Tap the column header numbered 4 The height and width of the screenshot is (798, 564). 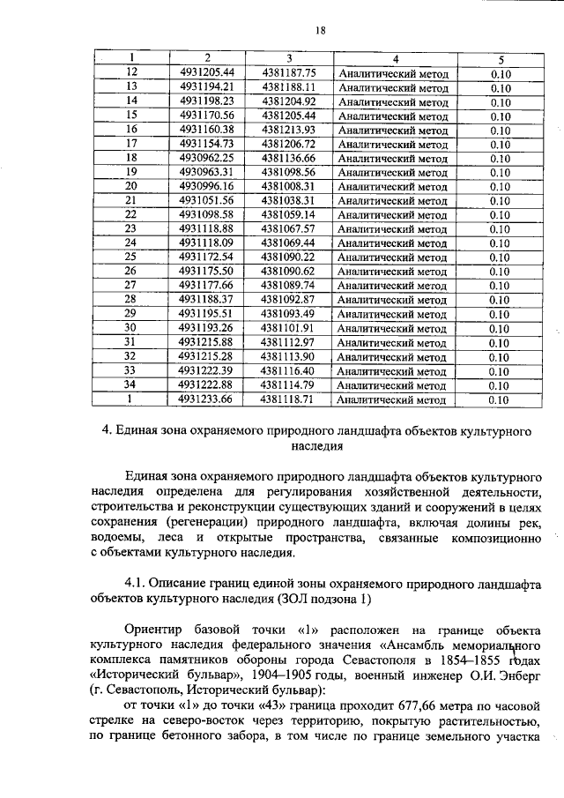[x=395, y=58]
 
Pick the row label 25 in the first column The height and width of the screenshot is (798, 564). [x=130, y=257]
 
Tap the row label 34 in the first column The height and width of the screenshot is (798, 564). [x=130, y=385]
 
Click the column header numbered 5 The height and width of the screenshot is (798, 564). [x=500, y=58]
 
